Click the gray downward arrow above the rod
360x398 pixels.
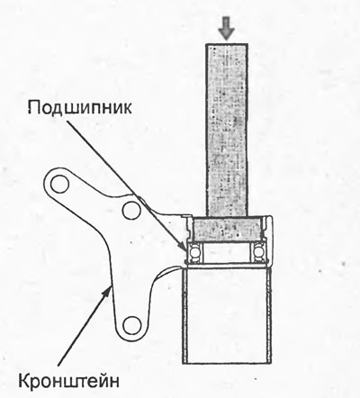227,28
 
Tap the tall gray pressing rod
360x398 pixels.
227,130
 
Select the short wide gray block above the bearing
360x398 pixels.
227,229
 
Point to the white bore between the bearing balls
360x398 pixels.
226,253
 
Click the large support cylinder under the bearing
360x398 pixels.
227,315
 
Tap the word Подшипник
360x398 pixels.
80,108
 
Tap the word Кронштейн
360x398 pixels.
68,381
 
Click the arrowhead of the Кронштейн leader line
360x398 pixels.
108,291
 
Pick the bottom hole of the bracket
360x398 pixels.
132,326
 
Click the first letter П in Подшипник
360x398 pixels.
34,106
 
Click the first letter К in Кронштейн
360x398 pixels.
24,381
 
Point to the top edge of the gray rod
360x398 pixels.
227,44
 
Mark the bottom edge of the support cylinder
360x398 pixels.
227,364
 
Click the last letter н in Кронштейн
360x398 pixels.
114,383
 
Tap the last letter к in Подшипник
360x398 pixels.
127,109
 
